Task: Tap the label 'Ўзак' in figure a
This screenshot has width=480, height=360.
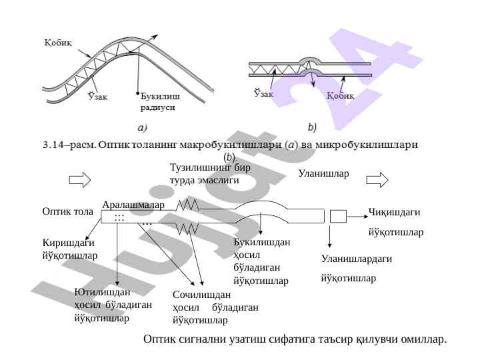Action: [x=99, y=95]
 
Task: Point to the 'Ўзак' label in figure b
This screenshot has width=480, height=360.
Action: [x=264, y=94]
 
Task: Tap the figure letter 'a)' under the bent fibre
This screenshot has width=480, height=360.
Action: [x=143, y=126]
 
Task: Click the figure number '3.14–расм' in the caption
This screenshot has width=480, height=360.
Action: [x=67, y=143]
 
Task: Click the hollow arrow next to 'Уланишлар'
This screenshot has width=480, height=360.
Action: [x=377, y=179]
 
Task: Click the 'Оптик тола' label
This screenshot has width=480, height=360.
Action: [x=67, y=212]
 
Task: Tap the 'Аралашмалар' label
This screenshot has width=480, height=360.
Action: [x=133, y=205]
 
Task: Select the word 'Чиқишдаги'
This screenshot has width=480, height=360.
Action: [x=394, y=212]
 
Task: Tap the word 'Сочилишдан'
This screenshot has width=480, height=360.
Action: [x=201, y=295]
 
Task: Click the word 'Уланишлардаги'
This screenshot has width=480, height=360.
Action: [x=356, y=259]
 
